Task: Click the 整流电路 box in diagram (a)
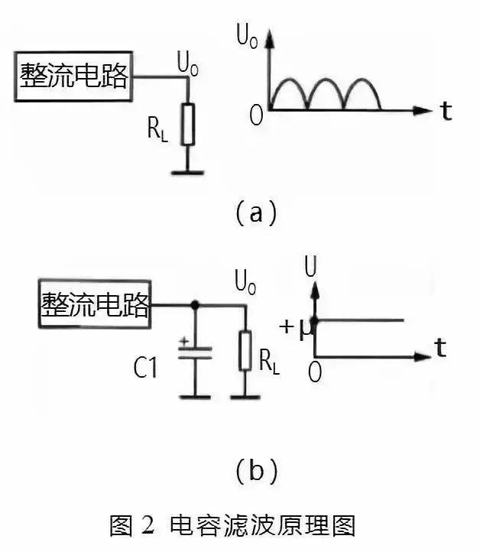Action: pos(73,77)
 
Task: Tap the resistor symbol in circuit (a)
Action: pos(188,125)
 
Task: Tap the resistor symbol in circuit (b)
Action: pos(245,349)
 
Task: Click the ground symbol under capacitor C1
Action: pos(196,396)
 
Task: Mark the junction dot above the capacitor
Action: pos(196,304)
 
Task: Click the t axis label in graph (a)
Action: pos(446,112)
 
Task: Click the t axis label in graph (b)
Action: pos(440,349)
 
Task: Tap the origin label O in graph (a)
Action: pos(256,115)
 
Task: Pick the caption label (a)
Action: pos(254,212)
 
